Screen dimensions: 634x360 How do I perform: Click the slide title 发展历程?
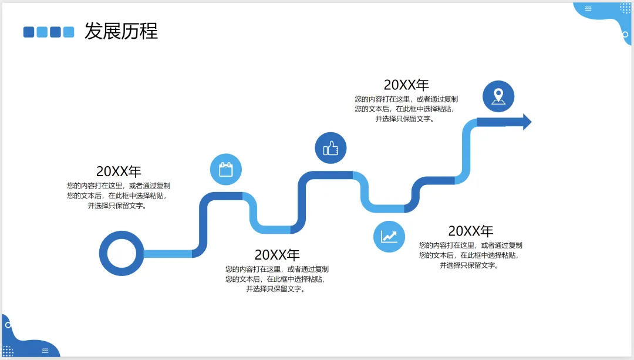[x=121, y=31]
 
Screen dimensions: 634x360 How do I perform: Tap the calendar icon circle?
[x=226, y=170]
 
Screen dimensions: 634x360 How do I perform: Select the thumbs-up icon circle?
[x=331, y=148]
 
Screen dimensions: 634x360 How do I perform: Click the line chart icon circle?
[x=389, y=236]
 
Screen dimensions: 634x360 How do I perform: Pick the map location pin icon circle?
[x=498, y=96]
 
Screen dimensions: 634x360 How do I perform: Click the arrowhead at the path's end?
[x=526, y=122]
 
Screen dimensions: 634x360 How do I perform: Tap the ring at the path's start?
[x=121, y=254]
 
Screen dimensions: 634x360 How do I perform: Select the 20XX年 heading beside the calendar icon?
[x=119, y=171]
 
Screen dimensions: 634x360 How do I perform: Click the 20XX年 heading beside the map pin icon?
[x=406, y=85]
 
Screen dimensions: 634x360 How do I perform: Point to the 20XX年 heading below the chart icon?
[x=471, y=231]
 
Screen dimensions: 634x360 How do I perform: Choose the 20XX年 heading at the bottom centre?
[x=277, y=255]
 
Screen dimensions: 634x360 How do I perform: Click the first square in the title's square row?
[x=29, y=32]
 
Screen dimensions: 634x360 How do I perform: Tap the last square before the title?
[x=69, y=32]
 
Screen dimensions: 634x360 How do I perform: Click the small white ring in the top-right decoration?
[x=625, y=35]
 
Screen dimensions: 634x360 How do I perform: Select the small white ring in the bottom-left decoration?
[x=8, y=325]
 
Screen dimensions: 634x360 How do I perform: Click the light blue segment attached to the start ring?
[x=167, y=254]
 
